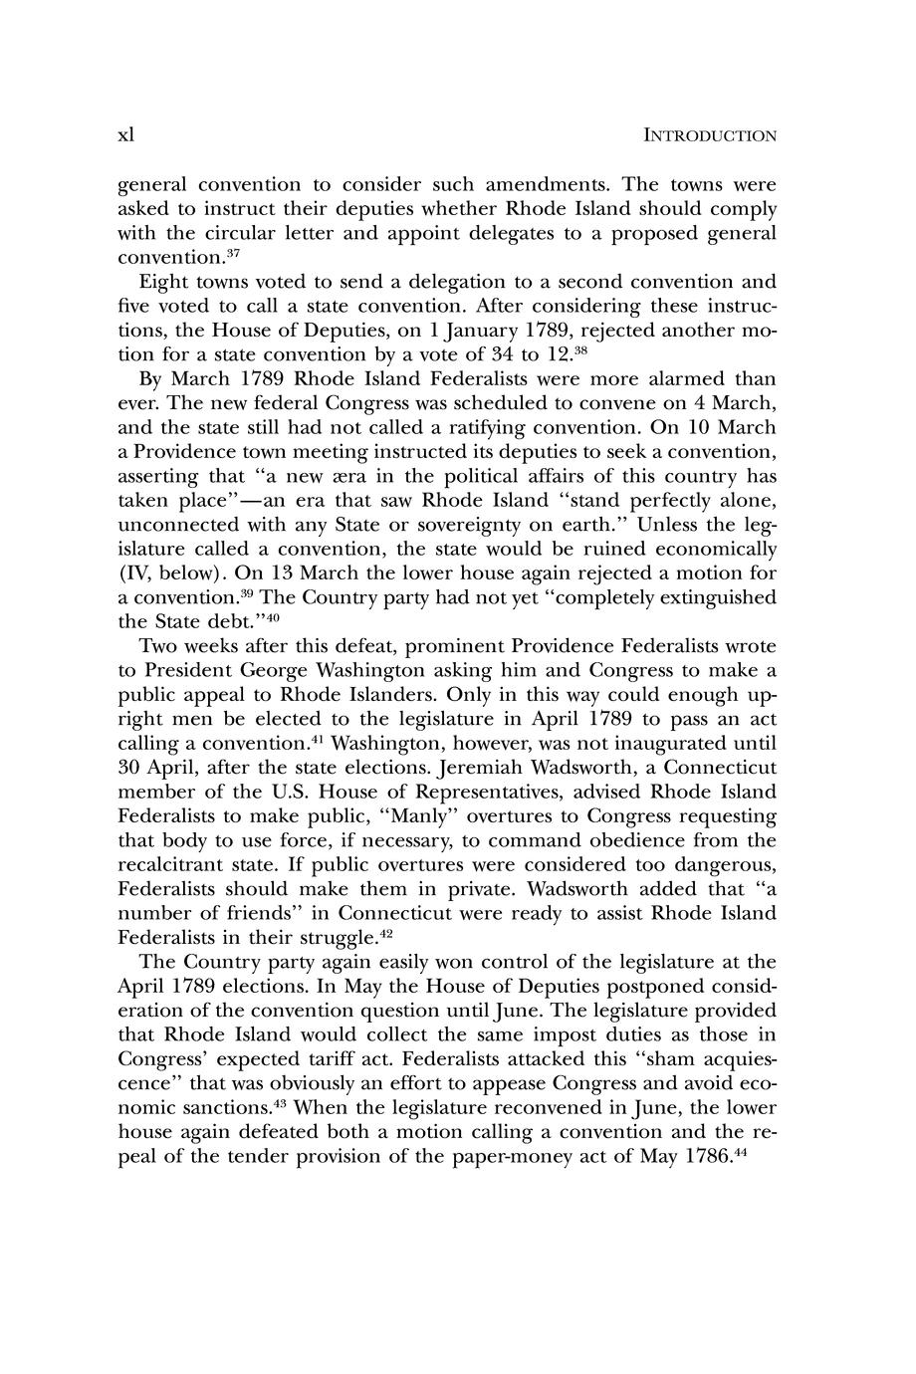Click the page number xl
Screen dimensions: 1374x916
click(125, 135)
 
